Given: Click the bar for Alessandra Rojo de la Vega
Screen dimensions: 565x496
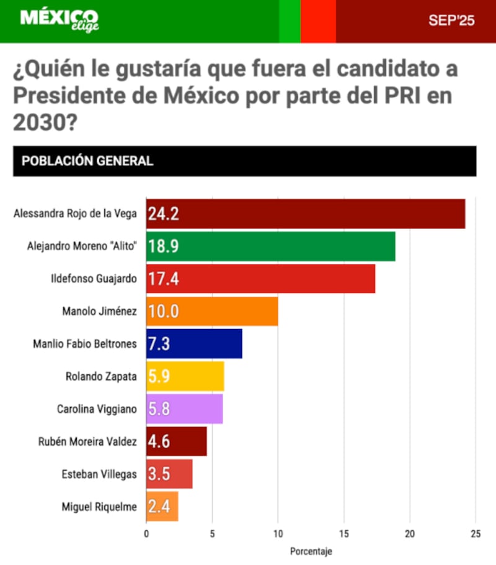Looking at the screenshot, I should pos(305,214).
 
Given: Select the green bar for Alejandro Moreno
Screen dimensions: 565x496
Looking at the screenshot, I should pos(270,246).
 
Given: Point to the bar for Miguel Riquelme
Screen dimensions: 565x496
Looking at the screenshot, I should pos(162,507).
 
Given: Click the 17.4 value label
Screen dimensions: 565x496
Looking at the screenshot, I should pos(164,279).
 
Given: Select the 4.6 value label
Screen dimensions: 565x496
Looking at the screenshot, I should pos(159,442).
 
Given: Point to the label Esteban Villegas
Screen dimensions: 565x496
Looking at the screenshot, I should pos(99,474).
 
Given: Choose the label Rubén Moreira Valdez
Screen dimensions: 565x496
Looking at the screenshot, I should pos(87,442).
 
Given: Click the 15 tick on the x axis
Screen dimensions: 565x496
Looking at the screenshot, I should pos(344,533).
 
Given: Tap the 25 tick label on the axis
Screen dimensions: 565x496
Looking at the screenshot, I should pos(476,533).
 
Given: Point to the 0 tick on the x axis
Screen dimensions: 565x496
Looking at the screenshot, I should pos(146,533).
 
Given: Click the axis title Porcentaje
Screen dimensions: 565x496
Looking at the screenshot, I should pos(311,551).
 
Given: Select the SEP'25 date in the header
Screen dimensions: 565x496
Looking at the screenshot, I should pos(451,20).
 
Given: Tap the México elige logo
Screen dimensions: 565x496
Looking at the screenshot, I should pos(59,20).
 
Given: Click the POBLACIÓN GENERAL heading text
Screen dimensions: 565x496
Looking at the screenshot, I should pos(87,161).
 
